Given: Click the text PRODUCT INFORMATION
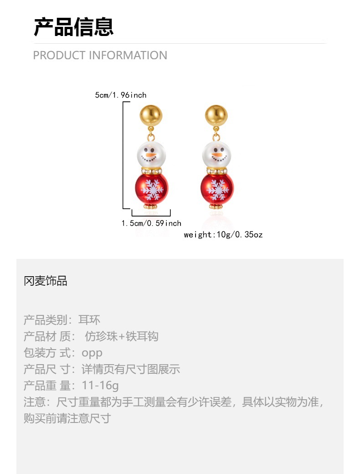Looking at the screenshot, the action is [x=100, y=56].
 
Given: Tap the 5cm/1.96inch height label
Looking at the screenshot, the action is [x=121, y=95].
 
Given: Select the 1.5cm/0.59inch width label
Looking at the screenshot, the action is [x=151, y=223].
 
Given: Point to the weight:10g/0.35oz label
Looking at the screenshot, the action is [x=223, y=235].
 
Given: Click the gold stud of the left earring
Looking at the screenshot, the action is [x=151, y=116].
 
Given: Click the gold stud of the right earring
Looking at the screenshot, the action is [x=216, y=116].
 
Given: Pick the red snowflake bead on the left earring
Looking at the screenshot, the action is [x=151, y=188].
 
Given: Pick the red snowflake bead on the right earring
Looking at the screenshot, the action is [x=217, y=188].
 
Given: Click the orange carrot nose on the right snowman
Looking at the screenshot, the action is [x=218, y=156].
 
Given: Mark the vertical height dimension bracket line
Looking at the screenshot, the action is [x=123, y=155].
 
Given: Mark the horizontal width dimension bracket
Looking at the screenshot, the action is [x=151, y=215].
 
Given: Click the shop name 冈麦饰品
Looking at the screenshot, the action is [x=46, y=281].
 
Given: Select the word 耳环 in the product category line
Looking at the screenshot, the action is [x=89, y=320].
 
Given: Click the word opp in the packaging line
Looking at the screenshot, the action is [x=92, y=353].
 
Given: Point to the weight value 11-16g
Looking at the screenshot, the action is [x=100, y=386].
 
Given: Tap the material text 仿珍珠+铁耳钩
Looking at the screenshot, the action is [x=122, y=336].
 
